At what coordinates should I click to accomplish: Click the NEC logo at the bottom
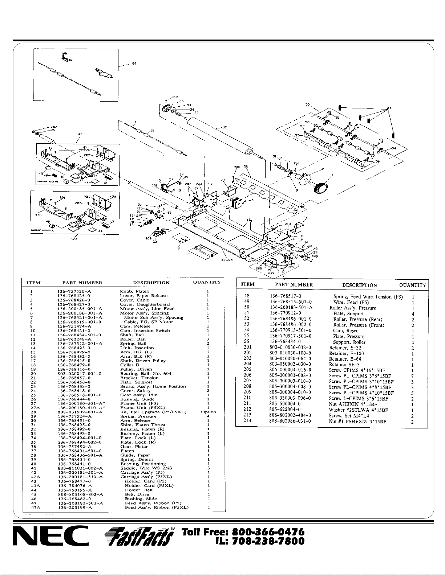pos(50,536)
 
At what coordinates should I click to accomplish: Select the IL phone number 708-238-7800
pos(268,541)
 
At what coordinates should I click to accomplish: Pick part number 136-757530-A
pos(74,291)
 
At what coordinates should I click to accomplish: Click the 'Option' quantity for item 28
pos(208,412)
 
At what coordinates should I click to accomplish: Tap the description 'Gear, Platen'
pos(134,447)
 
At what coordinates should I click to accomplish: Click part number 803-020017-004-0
pos(79,373)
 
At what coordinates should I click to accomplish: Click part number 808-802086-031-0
pos(290,421)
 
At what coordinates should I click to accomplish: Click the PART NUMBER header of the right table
pos(294,285)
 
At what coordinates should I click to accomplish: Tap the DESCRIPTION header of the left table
pos(151,283)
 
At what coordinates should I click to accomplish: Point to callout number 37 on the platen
pos(224,127)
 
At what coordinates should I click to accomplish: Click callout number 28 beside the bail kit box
pos(134,63)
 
